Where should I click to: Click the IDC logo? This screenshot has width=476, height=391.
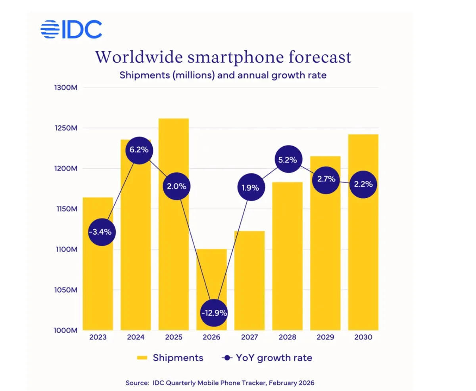(71, 29)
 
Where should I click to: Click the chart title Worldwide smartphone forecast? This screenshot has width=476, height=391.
(223, 57)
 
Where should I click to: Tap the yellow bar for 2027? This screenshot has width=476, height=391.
(249, 286)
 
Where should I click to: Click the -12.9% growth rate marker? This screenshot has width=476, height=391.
(214, 312)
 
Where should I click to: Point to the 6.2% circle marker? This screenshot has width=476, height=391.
(139, 150)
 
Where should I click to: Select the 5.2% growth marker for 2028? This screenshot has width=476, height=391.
(288, 159)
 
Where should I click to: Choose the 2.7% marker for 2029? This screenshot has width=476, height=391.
(326, 179)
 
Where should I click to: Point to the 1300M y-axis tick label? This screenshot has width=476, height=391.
(65, 88)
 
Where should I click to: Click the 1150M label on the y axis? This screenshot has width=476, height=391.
(65, 209)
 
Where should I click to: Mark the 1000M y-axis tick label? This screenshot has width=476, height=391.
(65, 330)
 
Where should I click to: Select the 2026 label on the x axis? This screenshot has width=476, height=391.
(211, 337)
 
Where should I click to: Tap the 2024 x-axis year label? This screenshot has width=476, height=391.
(136, 337)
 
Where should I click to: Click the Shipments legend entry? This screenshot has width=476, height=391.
(170, 358)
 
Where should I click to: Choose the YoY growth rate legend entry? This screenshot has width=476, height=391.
(267, 358)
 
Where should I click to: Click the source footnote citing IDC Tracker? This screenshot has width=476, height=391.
(220, 383)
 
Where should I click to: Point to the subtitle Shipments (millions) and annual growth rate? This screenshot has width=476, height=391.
(223, 75)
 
